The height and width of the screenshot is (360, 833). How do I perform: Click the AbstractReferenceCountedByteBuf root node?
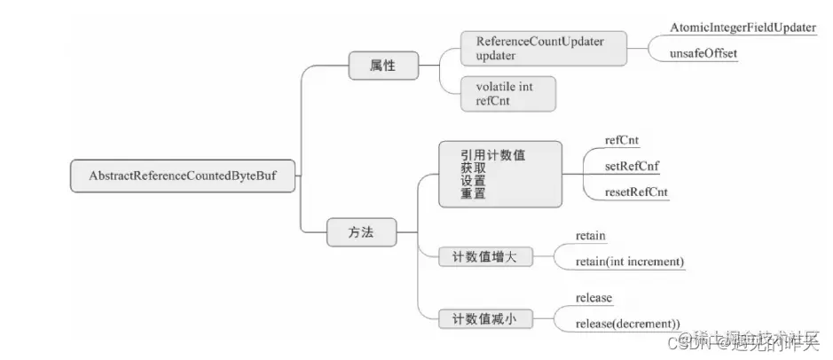click(184, 176)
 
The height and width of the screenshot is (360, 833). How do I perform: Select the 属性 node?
click(384, 66)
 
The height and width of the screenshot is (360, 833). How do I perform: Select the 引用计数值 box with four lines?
click(500, 174)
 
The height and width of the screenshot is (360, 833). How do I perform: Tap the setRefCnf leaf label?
click(631, 165)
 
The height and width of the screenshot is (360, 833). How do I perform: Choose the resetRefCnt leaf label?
click(636, 192)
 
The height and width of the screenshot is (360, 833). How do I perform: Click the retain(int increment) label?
click(630, 262)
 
